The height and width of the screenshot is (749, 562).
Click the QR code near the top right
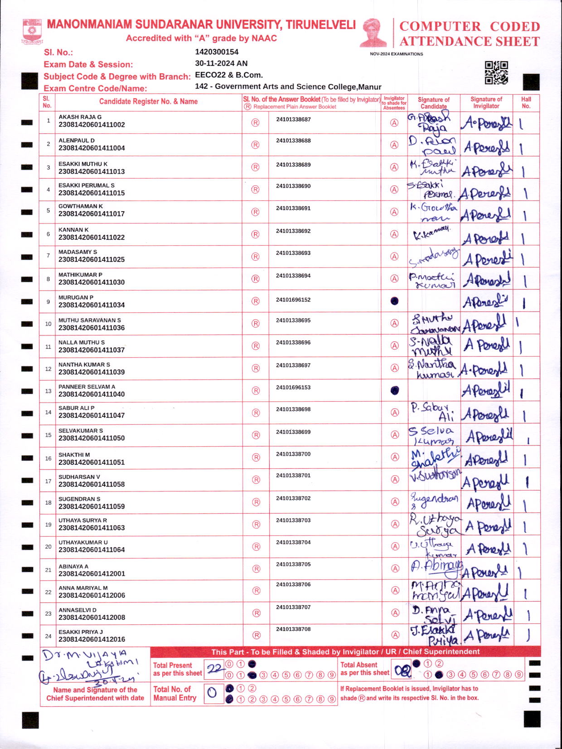pos(496,73)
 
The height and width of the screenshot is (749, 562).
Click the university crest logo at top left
pos(32,31)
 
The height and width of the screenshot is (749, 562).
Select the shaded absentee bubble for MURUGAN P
pos(394,301)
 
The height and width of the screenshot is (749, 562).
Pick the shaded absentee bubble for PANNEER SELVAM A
pos(395,390)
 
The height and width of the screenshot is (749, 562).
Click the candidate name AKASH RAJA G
pos(80,117)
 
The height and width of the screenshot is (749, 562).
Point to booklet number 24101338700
pos(293,454)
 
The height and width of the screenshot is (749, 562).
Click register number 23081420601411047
pos(92,415)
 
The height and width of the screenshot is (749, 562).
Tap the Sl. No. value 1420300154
pos(217,52)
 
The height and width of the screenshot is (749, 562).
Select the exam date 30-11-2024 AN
pos(221,63)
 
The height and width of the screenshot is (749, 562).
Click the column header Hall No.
pos(526,102)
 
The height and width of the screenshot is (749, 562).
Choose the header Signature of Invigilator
pos(486,102)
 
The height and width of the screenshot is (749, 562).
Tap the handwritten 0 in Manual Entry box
pos(212,693)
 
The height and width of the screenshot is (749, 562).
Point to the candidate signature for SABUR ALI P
pos(433,412)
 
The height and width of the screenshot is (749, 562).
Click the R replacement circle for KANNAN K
pos(255,234)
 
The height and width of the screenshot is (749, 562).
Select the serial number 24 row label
pos(48,636)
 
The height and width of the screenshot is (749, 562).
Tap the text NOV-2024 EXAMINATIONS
pos(396,54)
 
